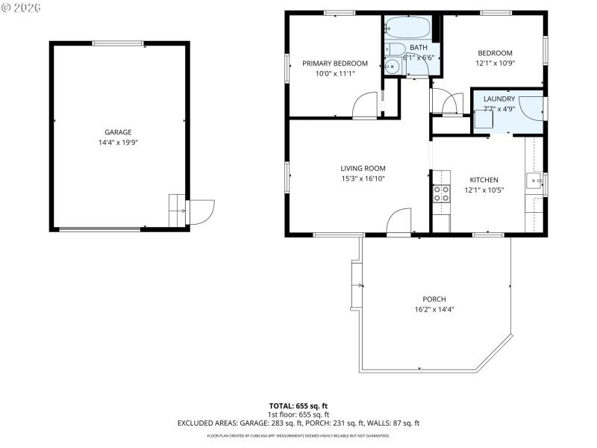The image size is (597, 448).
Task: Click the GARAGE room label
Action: pos(118,132)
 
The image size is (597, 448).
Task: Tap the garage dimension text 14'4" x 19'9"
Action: pos(118,142)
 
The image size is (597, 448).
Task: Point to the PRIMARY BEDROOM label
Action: pos(335,63)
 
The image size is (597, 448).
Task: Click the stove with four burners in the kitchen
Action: pos(442,194)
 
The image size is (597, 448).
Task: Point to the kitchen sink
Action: pos(534,180)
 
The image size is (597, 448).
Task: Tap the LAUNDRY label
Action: pos(498,99)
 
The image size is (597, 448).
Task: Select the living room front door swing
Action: pos(400,222)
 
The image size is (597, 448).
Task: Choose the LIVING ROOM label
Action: pos(363,169)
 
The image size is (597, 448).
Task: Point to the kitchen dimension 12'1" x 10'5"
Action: pos(484,190)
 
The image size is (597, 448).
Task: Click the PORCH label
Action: pos(434,299)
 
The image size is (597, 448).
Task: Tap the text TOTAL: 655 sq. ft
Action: pos(298,406)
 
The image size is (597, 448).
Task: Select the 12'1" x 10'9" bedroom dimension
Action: pos(495,63)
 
